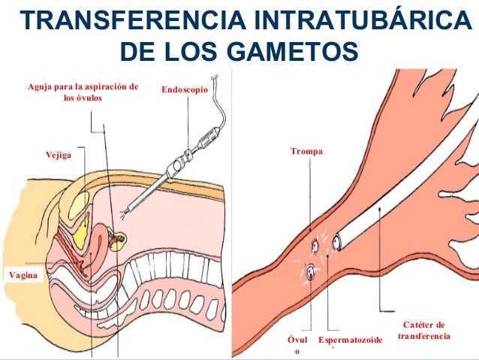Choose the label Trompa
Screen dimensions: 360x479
tap(306, 152)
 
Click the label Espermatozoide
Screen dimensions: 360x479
tap(350, 341)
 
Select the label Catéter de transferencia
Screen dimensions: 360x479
tap(424, 329)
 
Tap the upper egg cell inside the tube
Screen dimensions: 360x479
tap(316, 246)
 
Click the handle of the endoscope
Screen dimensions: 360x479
tap(180, 162)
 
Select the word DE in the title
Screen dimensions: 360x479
tap(138, 52)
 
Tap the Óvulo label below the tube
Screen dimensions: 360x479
tap(297, 346)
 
